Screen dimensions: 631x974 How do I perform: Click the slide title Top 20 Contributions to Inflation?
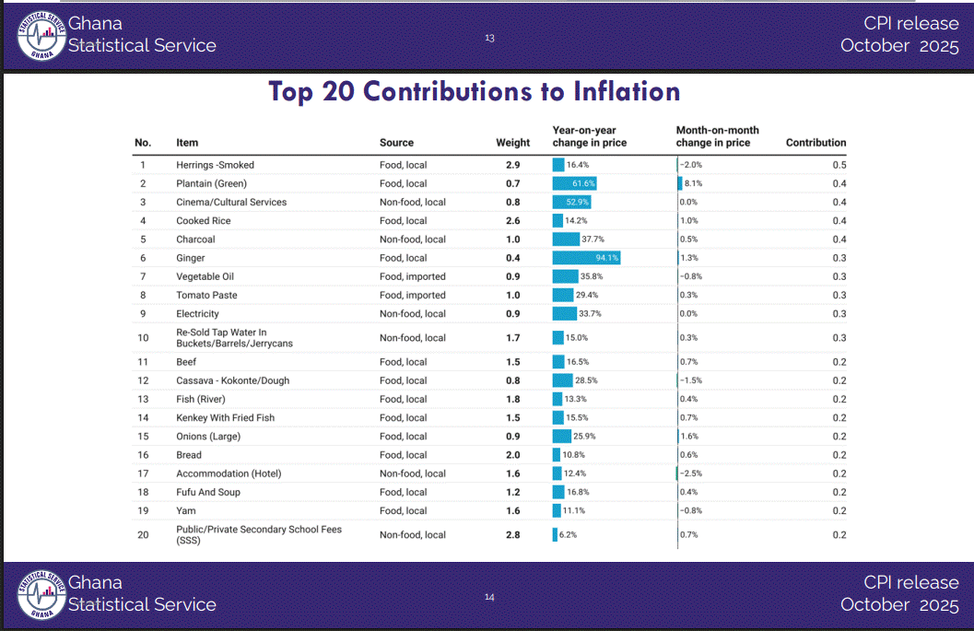[x=475, y=92]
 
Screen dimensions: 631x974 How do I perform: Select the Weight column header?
[x=512, y=143]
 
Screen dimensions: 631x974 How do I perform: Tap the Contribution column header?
[x=816, y=143]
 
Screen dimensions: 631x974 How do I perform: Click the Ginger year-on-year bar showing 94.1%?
[x=586, y=258]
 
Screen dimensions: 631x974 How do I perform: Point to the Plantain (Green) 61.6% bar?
[x=575, y=183]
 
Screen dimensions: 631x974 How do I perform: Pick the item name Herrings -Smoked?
[x=215, y=165]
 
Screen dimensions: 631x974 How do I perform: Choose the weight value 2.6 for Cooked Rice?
[x=512, y=221]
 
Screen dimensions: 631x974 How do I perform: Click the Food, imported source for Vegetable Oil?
[x=412, y=276]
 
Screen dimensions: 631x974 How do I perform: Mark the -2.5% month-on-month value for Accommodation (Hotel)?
[x=690, y=473]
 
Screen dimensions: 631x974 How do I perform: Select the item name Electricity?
[x=197, y=314]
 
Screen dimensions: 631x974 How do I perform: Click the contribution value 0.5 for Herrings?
[x=839, y=165]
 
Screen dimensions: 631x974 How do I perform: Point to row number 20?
[x=143, y=534]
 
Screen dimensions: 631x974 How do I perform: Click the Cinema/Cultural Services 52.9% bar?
[x=571, y=202]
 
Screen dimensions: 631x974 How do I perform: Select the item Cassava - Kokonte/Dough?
[x=231, y=380]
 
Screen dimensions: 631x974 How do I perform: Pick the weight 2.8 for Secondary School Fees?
[x=512, y=534]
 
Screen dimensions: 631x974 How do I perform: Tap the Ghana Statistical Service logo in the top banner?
[x=41, y=35]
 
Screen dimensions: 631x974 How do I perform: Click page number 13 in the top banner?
[x=489, y=38]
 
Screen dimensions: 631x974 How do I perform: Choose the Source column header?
[x=396, y=143]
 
